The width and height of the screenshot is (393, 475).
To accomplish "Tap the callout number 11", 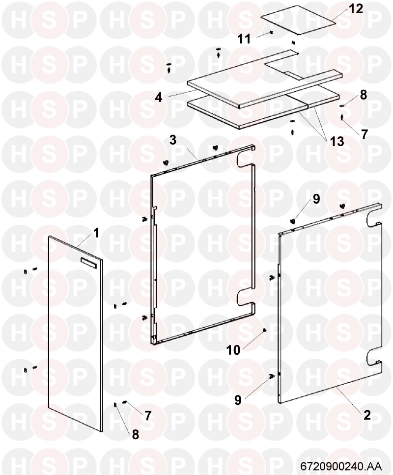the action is [244, 39].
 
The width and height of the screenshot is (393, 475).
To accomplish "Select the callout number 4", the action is [159, 98].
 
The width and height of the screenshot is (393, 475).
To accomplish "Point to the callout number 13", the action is [337, 141].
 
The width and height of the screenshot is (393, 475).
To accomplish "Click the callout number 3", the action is [172, 140].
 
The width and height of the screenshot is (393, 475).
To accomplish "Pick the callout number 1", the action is [96, 233].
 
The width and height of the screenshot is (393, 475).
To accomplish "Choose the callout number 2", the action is [367, 415].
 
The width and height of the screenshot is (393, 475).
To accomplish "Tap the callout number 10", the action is [233, 350].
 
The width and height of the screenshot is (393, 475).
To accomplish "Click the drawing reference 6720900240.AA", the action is [341, 465].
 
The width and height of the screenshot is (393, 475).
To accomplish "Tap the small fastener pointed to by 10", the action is [264, 330].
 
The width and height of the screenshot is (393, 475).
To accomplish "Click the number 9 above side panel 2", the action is [316, 199].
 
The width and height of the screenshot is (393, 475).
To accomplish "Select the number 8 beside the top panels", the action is [364, 95].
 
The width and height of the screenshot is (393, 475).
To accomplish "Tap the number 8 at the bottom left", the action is [135, 434].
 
